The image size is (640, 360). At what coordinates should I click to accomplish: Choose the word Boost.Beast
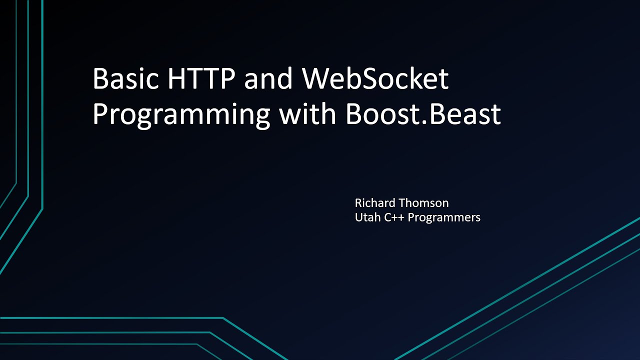click(423, 114)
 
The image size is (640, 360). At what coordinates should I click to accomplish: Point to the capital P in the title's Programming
click(100, 114)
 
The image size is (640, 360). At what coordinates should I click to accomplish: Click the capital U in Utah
click(358, 217)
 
